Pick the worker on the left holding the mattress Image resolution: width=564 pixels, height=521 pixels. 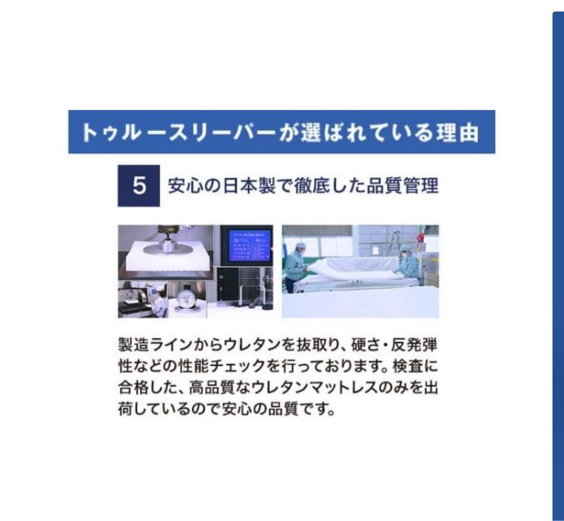(296, 264)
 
